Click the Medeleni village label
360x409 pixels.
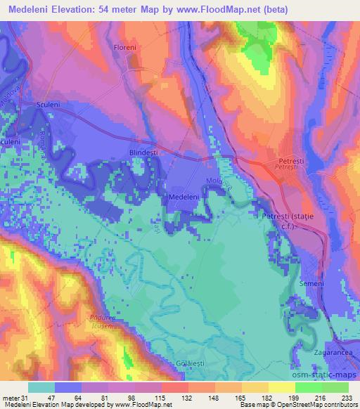coord(184,198)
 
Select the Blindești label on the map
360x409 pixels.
coord(146,151)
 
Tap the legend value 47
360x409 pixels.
coord(53,398)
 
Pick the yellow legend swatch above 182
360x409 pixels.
coord(255,387)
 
